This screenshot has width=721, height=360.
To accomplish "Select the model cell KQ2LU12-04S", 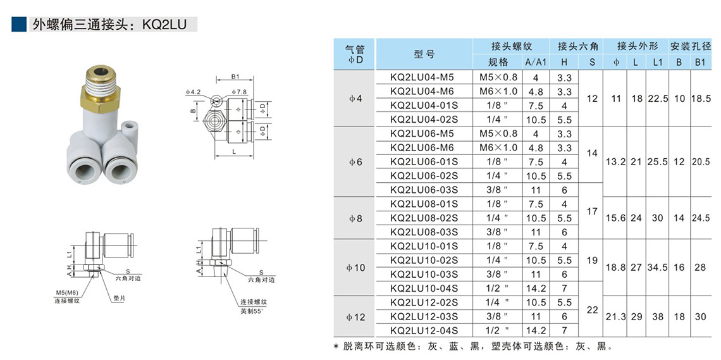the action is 424,330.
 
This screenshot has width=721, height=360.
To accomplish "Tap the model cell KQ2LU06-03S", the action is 424,190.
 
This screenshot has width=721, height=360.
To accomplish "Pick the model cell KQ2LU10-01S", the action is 424,246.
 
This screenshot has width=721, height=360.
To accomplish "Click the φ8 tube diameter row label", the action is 355,218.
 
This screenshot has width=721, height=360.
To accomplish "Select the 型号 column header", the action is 424,54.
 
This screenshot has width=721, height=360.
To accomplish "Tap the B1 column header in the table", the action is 701,62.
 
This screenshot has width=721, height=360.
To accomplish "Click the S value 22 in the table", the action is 592,310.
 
